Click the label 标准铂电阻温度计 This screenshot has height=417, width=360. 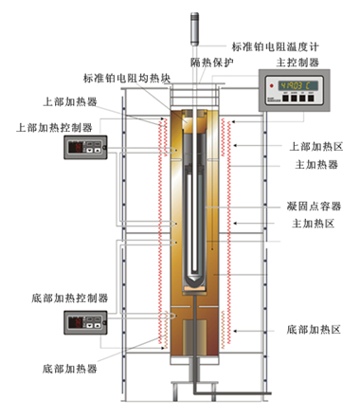[276, 46]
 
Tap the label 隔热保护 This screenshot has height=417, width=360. [212, 63]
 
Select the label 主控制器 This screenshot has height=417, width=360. [297, 63]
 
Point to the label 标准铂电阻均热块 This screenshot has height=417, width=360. [127, 78]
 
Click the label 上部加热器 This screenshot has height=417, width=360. [70, 101]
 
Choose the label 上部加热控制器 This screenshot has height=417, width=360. [54, 127]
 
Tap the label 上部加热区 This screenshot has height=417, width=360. [316, 146]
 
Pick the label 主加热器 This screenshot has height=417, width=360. [316, 164]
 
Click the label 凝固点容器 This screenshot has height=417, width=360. [314, 207]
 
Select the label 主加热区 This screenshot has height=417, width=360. [313, 224]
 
